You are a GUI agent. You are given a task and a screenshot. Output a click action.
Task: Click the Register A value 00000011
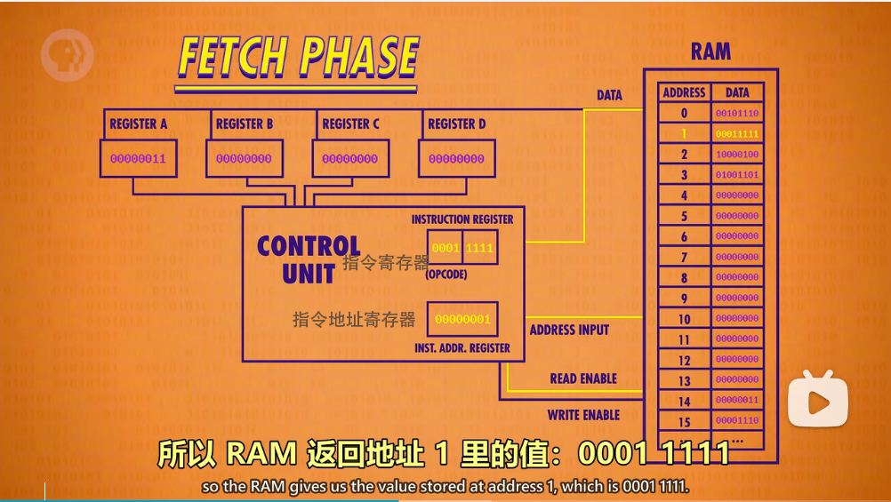(x=138, y=159)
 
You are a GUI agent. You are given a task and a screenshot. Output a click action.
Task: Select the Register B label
(x=245, y=124)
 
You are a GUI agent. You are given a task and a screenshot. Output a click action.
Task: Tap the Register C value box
(x=350, y=159)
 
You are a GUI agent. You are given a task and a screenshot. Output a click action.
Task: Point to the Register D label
(x=457, y=124)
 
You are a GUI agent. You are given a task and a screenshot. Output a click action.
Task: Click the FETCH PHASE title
(x=298, y=58)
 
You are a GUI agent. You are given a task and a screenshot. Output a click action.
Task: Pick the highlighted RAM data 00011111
(x=737, y=134)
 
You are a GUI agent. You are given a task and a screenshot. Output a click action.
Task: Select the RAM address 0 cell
(x=684, y=114)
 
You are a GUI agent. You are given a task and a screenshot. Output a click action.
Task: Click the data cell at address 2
(x=737, y=155)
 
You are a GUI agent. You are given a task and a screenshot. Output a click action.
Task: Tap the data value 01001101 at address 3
(x=737, y=175)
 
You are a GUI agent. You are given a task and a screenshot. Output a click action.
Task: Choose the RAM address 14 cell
(x=684, y=402)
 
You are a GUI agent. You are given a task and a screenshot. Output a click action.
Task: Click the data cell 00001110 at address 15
(x=737, y=421)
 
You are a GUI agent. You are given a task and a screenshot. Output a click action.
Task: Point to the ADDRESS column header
(x=684, y=92)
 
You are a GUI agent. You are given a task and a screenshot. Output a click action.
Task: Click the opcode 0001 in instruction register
(x=445, y=248)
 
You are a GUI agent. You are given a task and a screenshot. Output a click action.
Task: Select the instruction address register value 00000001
(x=462, y=319)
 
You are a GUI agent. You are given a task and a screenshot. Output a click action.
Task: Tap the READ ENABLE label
(x=583, y=378)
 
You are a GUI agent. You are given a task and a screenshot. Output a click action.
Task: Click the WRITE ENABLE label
(x=583, y=415)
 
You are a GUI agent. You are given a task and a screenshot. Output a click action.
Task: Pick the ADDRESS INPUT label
(x=569, y=330)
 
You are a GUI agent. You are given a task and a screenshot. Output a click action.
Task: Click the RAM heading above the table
(x=710, y=52)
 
